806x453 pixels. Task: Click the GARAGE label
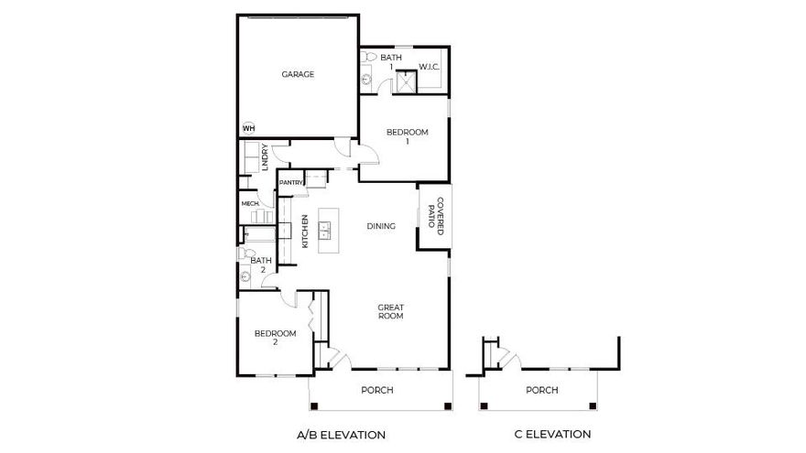click(298, 74)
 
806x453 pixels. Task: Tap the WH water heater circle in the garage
click(248, 128)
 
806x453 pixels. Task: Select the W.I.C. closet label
click(430, 67)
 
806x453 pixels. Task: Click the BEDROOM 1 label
click(408, 136)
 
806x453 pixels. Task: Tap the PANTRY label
click(291, 182)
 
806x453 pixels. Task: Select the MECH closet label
click(249, 203)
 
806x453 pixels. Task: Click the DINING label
click(381, 226)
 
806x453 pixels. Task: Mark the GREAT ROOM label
click(391, 311)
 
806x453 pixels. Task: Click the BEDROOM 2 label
click(276, 338)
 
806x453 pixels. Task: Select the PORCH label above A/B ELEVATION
click(377, 390)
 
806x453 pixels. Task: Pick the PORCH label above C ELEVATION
click(541, 390)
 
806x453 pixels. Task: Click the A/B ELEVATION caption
click(341, 434)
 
